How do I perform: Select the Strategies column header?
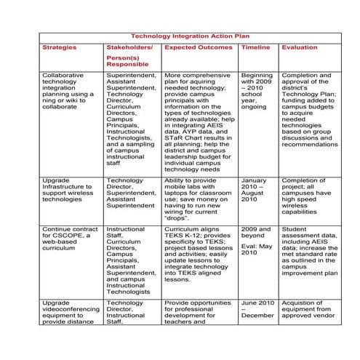58,48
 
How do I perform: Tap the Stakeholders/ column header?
129,48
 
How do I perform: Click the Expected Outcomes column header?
199,48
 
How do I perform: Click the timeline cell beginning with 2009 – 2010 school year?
256,90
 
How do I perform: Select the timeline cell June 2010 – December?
256,309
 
